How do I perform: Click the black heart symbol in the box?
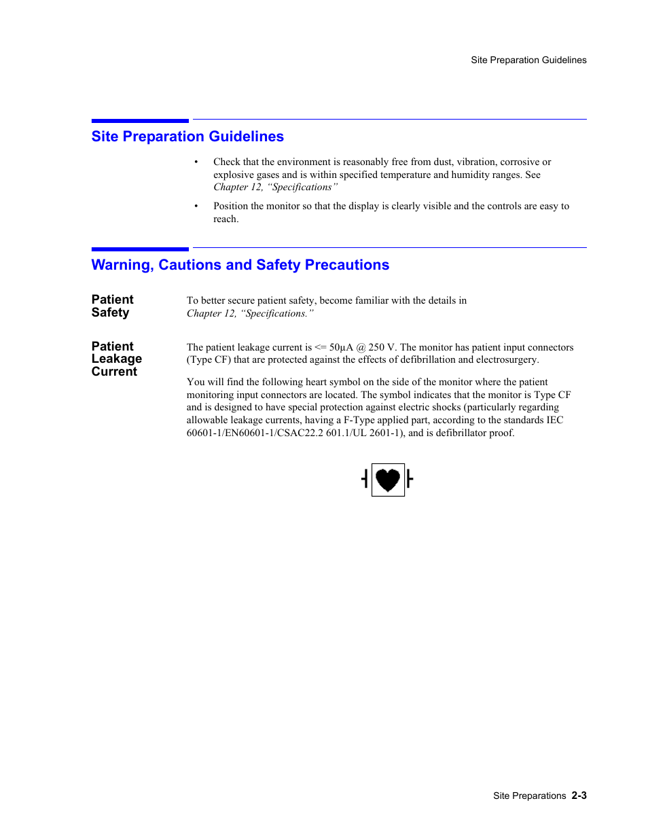coord(388,480)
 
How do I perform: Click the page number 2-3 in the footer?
coord(579,796)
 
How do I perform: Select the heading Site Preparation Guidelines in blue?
coord(187,137)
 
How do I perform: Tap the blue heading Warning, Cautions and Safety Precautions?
coord(240,265)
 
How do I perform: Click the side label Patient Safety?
coord(112,306)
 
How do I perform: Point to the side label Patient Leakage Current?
coord(116,359)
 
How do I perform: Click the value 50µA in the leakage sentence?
coord(341,347)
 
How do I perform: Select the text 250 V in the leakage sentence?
coord(381,347)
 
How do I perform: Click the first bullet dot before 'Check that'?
coord(196,162)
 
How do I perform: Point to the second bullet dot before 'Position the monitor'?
coord(196,207)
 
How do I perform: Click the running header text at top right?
coord(528,60)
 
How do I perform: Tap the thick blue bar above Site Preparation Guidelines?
coord(140,121)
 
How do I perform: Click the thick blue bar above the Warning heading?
coord(140,249)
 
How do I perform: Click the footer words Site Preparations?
coord(529,796)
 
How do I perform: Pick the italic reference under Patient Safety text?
coord(250,313)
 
